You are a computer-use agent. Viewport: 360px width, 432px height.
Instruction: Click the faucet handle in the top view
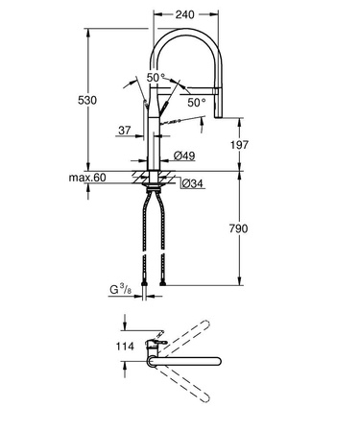tap(153, 340)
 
